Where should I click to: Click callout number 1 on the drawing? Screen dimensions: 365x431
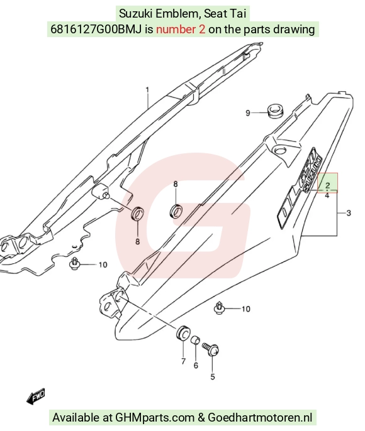pos(147,90)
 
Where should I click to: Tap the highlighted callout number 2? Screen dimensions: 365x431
pos(327,185)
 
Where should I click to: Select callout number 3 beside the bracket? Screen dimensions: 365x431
pos(349,213)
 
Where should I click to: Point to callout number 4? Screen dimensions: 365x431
pos(327,195)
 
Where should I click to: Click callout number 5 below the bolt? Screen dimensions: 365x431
pos(213,376)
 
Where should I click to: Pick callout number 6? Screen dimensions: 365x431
pos(196,365)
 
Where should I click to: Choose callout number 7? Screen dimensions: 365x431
pos(183,361)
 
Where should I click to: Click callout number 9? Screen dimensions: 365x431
pos(248,113)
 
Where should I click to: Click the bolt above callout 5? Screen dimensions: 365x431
pos(211,349)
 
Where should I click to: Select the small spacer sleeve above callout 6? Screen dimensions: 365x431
pos(196,339)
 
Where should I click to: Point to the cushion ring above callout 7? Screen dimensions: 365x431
pos(182,332)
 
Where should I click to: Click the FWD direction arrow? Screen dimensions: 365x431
pos(36,396)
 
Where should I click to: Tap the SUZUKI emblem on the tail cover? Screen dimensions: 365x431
pos(313,175)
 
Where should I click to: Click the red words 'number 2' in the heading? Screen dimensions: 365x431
pos(181,29)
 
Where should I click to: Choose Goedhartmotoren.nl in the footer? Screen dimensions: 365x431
pos(260,418)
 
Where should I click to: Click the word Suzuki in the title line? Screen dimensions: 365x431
pos(136,13)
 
